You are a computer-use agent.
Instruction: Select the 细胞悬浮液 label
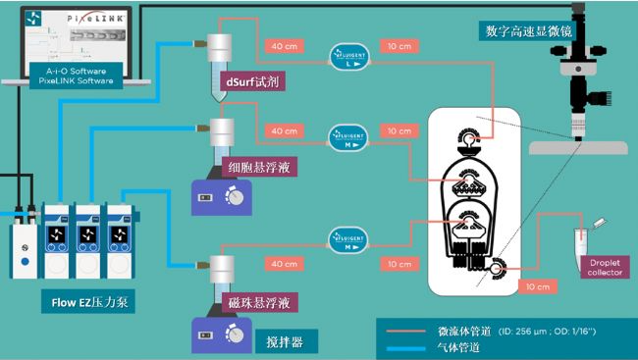point(257,166)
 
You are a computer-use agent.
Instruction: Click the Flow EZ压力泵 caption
point(87,303)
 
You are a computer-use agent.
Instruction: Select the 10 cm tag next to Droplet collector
point(537,286)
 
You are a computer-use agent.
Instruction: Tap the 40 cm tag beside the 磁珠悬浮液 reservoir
point(285,264)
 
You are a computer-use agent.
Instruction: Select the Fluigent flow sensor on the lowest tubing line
point(350,237)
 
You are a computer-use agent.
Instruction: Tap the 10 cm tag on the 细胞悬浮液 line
point(398,131)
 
